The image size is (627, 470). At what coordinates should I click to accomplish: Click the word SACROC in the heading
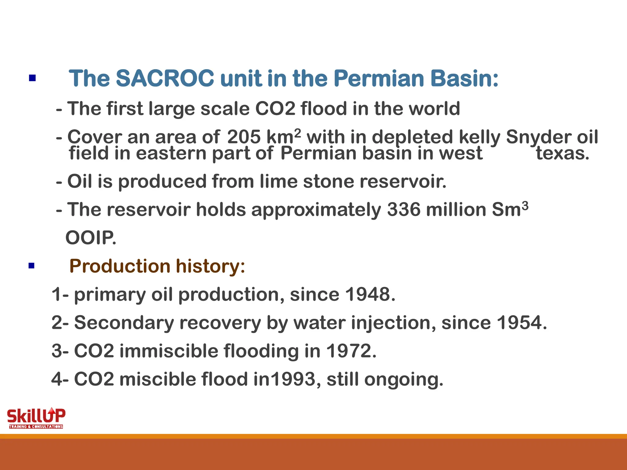point(165,78)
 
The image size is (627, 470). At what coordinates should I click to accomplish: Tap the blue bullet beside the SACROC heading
point(32,78)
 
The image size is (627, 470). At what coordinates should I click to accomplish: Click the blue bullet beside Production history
point(32,266)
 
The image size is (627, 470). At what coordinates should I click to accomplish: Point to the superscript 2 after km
point(297,132)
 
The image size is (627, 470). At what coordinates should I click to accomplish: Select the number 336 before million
point(404,210)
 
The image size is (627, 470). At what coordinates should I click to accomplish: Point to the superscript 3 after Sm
point(525,205)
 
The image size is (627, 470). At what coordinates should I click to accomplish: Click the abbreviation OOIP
point(91,238)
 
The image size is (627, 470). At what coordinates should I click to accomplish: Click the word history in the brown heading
point(210,266)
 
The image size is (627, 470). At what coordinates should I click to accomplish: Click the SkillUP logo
point(36,418)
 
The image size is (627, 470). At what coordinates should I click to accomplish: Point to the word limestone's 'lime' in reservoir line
point(278,181)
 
